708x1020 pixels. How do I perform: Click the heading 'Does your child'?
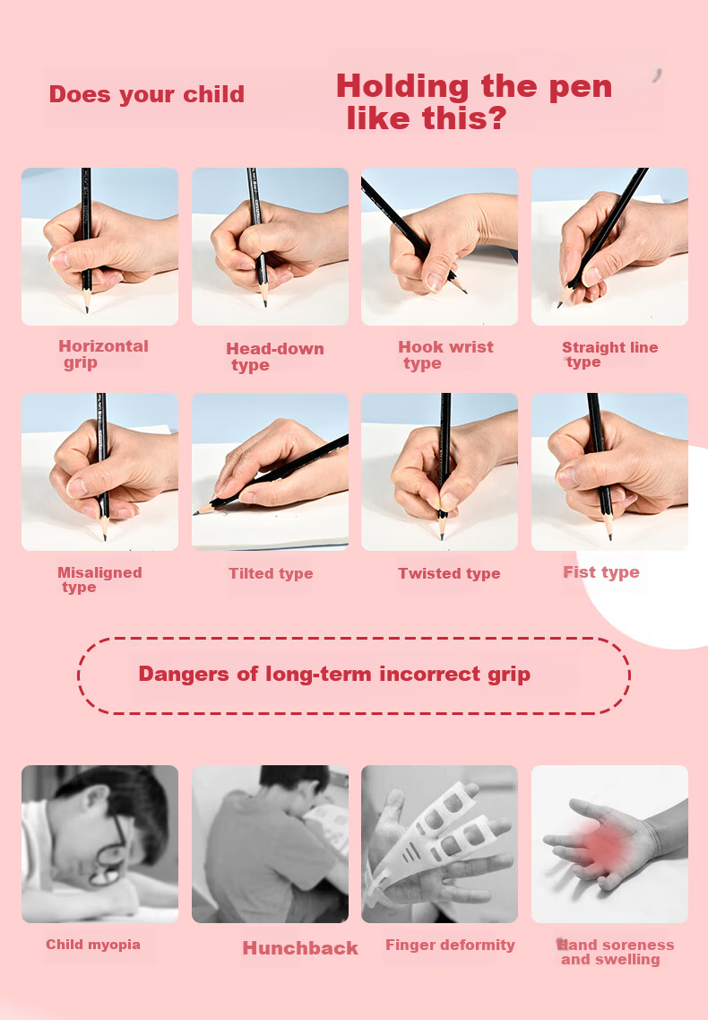pyautogui.click(x=147, y=94)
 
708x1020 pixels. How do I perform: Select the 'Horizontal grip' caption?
pyautogui.click(x=103, y=354)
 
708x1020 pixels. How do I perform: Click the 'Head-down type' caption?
pyautogui.click(x=275, y=356)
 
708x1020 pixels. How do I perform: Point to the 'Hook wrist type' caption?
pyautogui.click(x=446, y=355)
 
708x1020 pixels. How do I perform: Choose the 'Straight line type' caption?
pyautogui.click(x=609, y=354)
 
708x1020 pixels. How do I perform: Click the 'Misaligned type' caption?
pyautogui.click(x=99, y=580)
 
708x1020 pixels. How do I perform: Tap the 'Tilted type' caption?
pyautogui.click(x=271, y=573)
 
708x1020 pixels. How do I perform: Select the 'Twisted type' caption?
pyautogui.click(x=449, y=573)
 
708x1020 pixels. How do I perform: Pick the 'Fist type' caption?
pyautogui.click(x=601, y=572)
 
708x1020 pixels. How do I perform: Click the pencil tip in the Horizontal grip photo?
pyautogui.click(x=87, y=311)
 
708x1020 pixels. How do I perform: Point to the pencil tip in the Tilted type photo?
pyautogui.click(x=195, y=513)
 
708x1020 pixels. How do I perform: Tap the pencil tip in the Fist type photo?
pyautogui.click(x=609, y=537)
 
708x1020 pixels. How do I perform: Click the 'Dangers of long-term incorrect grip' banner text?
pyautogui.click(x=334, y=674)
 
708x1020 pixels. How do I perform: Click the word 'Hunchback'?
pyautogui.click(x=300, y=948)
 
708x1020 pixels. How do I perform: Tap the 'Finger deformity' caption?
pyautogui.click(x=450, y=945)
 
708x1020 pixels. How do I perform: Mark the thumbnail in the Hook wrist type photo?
pyautogui.click(x=435, y=281)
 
